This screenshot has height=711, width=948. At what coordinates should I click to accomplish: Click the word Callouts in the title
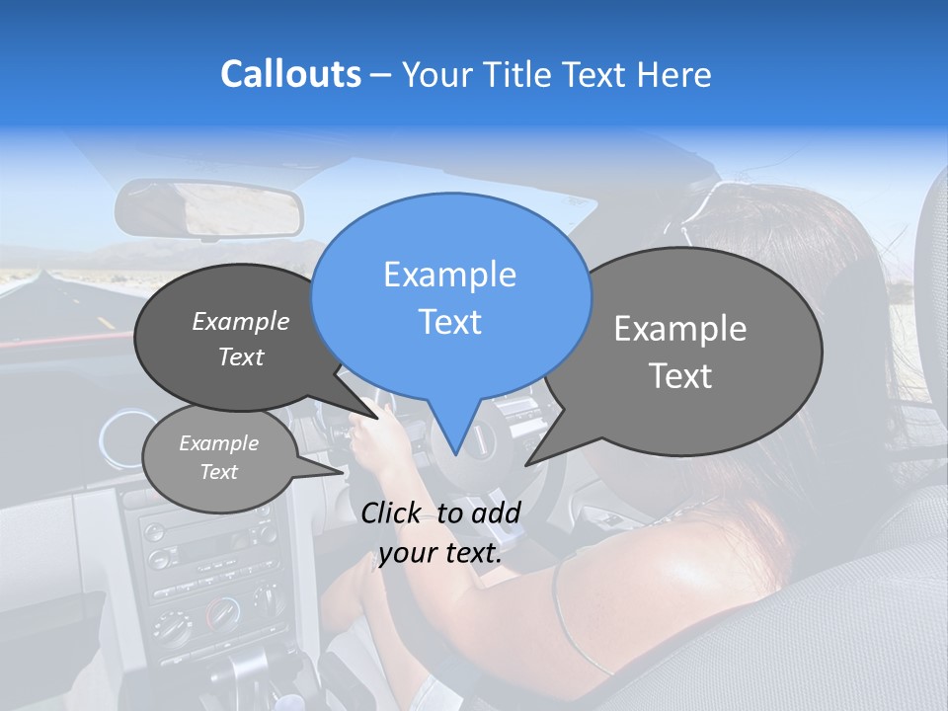(x=290, y=74)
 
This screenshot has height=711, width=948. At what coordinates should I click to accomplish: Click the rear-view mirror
(x=208, y=208)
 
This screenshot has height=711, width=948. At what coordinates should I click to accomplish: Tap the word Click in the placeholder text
(x=392, y=513)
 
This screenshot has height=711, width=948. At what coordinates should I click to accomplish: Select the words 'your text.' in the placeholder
(x=440, y=554)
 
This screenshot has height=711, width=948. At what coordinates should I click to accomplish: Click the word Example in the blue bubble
(x=449, y=275)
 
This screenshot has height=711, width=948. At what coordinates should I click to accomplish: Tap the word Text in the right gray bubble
(x=681, y=376)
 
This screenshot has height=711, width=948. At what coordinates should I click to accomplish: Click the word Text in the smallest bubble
(x=218, y=472)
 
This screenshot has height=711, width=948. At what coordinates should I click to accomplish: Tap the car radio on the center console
(x=207, y=553)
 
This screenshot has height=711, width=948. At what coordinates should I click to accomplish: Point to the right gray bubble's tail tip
(x=527, y=464)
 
